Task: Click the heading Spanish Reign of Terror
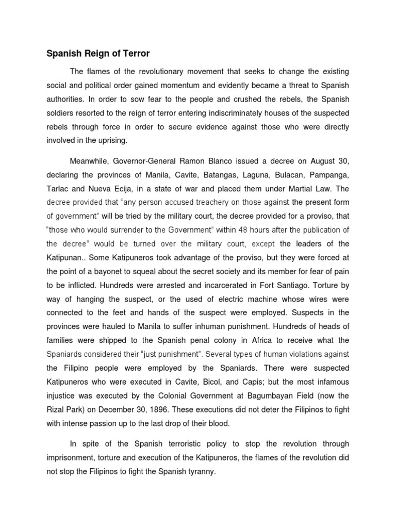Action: click(98, 53)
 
